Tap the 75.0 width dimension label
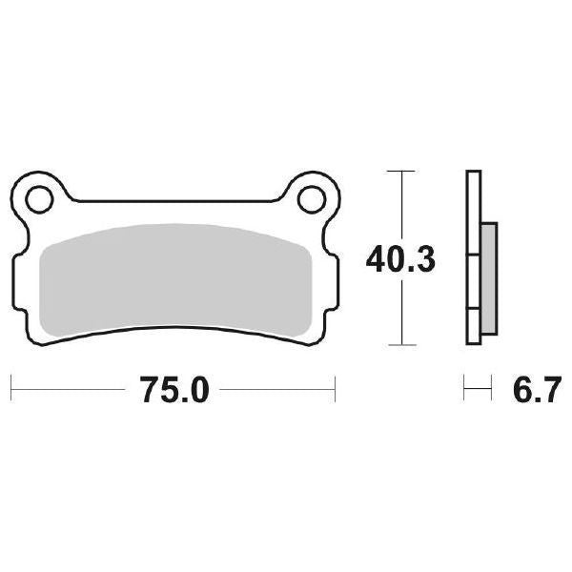[174, 388]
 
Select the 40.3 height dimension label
[403, 257]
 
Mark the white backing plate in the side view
[471, 257]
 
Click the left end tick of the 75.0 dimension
[10, 388]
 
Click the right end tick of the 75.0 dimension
[336, 388]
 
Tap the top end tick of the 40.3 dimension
[403, 172]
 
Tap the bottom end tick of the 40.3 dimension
[403, 344]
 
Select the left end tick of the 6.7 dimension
[465, 388]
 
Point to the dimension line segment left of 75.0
[67, 388]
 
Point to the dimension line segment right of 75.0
[281, 388]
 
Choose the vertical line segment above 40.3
[403, 205]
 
